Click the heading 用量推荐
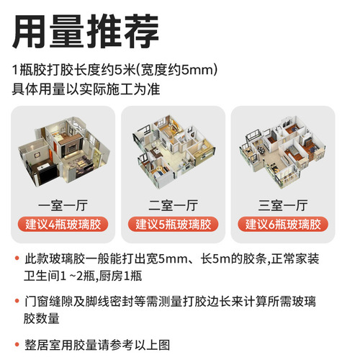86,30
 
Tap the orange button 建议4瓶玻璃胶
63,224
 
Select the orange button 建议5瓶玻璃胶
173,224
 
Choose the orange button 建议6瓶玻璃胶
283,224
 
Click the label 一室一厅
63,204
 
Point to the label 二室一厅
173,204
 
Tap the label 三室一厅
283,204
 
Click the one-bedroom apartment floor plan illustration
63,151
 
